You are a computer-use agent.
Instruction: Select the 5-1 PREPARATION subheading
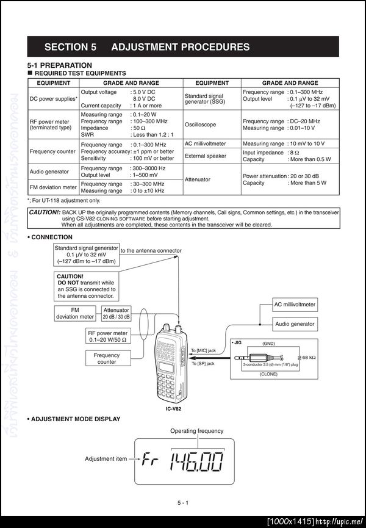[60, 65]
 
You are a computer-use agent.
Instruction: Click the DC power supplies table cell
[54, 98]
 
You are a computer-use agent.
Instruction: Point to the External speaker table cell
[206, 156]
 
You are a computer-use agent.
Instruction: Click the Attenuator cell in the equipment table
[198, 179]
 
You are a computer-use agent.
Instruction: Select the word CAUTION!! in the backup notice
[45, 212]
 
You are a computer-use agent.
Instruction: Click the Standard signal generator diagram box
[86, 255]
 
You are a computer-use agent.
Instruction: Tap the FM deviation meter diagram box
[75, 313]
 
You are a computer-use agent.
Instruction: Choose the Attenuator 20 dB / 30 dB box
[116, 313]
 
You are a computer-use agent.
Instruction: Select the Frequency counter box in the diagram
[107, 358]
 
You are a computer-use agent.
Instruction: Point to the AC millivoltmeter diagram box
[295, 304]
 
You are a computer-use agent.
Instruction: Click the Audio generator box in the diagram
[295, 324]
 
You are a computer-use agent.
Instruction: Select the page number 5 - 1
[183, 502]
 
